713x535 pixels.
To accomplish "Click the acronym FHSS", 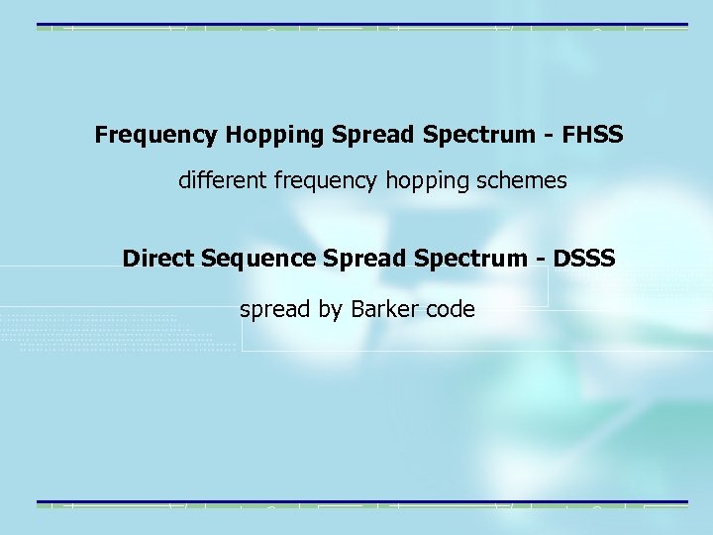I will (592, 135).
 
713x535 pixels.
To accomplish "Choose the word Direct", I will (158, 259).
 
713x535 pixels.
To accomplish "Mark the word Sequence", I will (260, 259).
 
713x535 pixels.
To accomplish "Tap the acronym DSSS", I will (585, 259).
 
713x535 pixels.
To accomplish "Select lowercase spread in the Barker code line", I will (275, 309).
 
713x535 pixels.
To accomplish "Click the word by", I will (329, 309).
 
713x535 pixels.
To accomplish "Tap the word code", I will (451, 309).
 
